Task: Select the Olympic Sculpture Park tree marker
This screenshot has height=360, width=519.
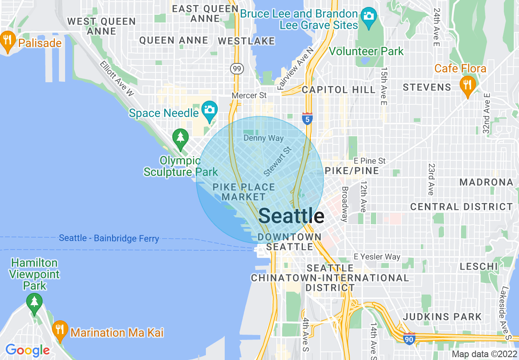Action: pos(180,139)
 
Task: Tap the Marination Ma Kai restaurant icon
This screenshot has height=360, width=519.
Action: pos(60,330)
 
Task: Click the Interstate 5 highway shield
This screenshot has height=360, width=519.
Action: pos(307,119)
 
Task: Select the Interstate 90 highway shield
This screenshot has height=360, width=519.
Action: pos(410,339)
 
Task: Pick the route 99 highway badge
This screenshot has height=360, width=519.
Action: pos(237,68)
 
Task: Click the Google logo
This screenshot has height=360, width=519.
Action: pos(27,350)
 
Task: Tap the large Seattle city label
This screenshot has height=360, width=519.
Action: pos(291,216)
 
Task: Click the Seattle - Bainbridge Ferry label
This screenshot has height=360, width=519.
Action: pos(109,238)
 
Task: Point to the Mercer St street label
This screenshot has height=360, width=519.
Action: pos(249,95)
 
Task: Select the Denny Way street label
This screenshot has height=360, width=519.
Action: pos(264,138)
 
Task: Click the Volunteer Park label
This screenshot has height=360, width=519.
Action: pos(366,52)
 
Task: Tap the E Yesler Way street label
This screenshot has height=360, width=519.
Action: pos(377,257)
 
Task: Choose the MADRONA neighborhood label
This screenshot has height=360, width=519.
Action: pos(486,182)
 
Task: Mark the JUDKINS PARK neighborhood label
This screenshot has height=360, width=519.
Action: pos(442,317)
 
